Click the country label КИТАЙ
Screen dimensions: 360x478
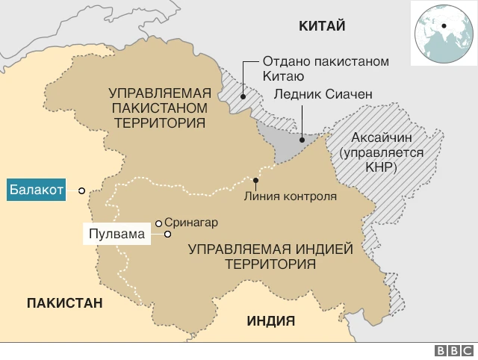[322, 27]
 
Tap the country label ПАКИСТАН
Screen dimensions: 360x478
[64, 302]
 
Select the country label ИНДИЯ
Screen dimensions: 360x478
[270, 321]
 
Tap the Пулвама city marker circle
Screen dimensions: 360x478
[168, 235]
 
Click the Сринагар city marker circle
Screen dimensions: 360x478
[158, 223]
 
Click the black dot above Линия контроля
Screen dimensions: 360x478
[256, 180]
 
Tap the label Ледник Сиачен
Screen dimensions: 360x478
[323, 95]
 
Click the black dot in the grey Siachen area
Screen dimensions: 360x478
[302, 139]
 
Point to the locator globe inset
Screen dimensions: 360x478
[442, 31]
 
